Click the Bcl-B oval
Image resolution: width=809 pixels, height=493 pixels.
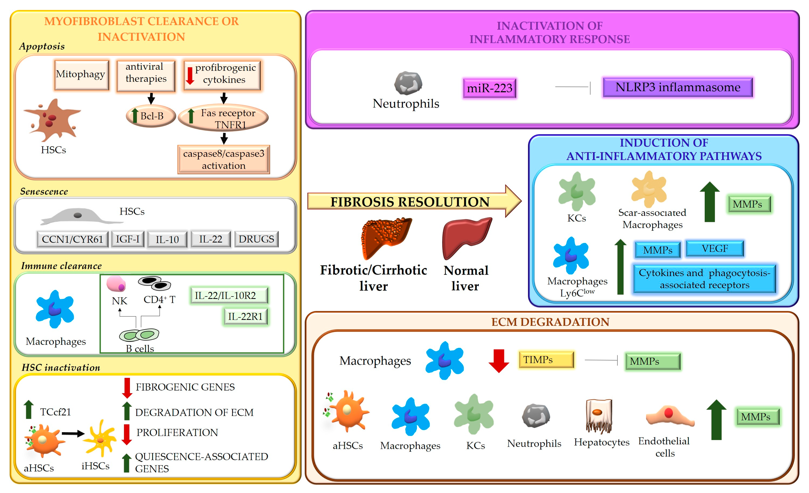[x=151, y=116]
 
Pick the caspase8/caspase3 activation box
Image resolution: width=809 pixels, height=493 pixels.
[x=224, y=160]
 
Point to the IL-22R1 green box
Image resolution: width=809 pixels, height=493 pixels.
[x=246, y=317]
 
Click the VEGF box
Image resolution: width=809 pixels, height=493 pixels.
[x=715, y=249]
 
